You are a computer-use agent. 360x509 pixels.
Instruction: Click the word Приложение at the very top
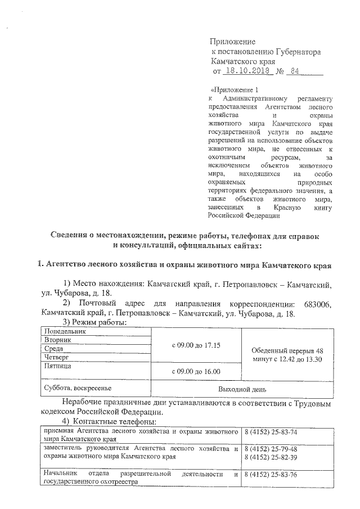pyautogui.click(x=232, y=42)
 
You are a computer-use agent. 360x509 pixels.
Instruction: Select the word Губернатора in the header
pyautogui.click(x=299, y=52)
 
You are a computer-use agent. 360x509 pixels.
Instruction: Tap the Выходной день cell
pyautogui.click(x=242, y=389)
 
